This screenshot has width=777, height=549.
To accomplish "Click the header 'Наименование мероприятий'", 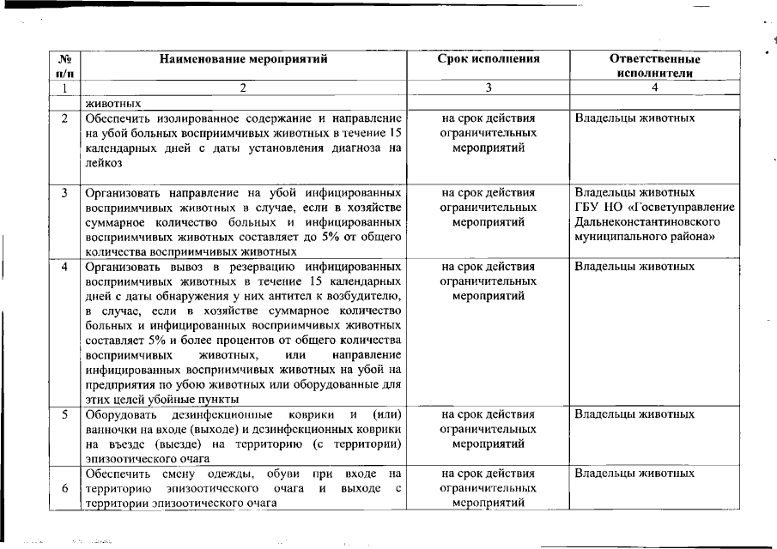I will [243, 60].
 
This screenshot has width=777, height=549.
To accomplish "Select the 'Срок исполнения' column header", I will [489, 60].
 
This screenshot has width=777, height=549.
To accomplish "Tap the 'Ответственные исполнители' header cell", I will [654, 66].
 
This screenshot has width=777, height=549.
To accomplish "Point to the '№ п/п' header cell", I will [64, 66].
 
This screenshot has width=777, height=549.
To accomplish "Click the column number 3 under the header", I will [489, 87].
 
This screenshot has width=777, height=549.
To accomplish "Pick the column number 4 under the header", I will [654, 87].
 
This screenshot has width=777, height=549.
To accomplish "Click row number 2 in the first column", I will [64, 118].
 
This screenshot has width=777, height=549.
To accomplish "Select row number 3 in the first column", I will [64, 192].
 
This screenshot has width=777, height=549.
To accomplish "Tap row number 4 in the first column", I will [64, 267].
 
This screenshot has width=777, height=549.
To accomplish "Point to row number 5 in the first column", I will [64, 415].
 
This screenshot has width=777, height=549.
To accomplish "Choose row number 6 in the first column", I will [64, 489].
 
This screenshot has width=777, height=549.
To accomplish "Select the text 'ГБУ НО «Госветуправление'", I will [654, 207].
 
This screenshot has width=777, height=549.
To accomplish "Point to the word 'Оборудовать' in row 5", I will [119, 415].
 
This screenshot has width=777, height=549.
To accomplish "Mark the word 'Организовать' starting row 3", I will [121, 192].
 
